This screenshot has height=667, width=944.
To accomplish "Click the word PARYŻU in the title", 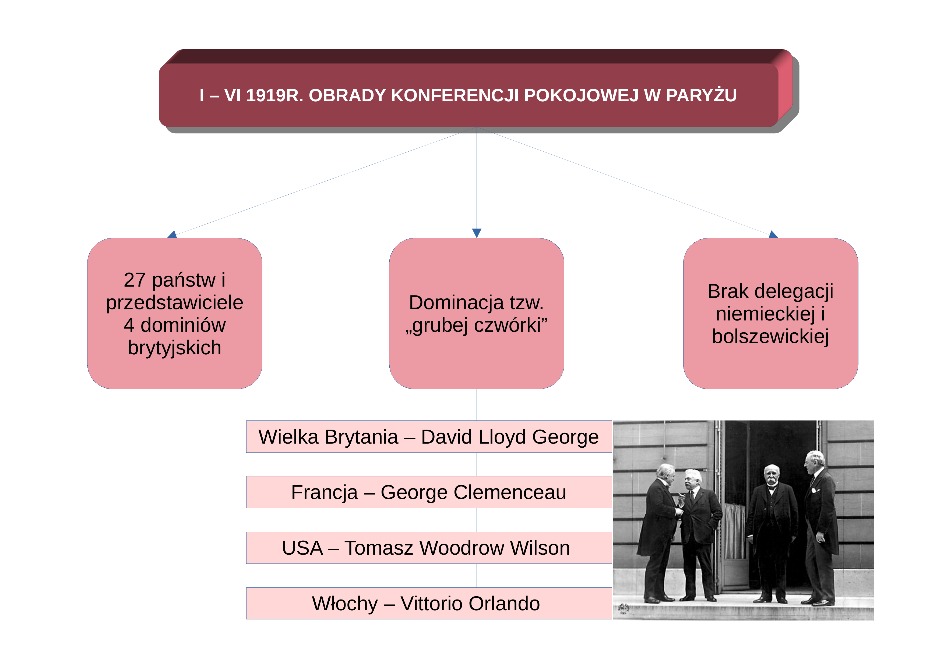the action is tap(701, 95).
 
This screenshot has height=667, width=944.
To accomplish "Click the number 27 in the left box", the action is tap(135, 280).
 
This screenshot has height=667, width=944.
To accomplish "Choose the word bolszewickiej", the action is tap(770, 336).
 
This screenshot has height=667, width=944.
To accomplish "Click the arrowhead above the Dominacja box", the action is tap(477, 233).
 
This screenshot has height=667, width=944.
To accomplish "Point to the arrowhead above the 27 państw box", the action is tap(172, 234).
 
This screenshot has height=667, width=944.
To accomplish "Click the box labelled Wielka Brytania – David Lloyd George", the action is tap(429, 437).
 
